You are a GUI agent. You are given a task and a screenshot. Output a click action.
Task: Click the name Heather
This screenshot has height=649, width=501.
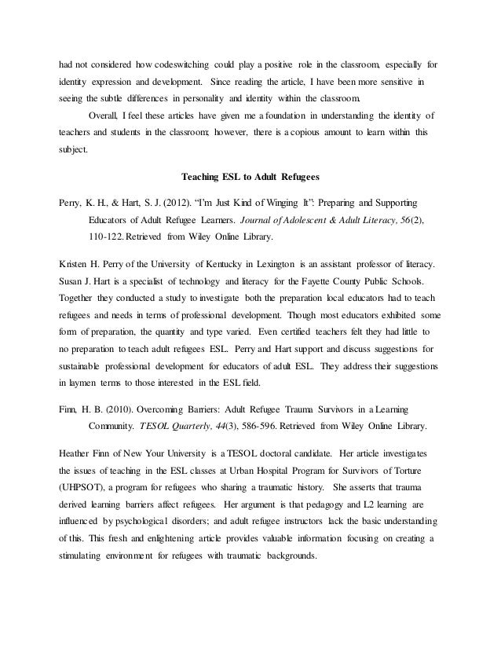coord(76,456)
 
